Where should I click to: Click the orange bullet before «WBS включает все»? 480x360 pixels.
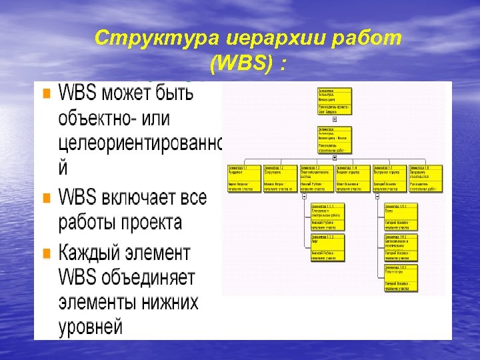pos(46,198)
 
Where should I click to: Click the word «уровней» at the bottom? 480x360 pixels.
pos(91,327)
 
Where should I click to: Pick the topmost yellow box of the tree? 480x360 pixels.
pos(334,99)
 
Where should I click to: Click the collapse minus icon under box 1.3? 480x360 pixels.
pos(304,196)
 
